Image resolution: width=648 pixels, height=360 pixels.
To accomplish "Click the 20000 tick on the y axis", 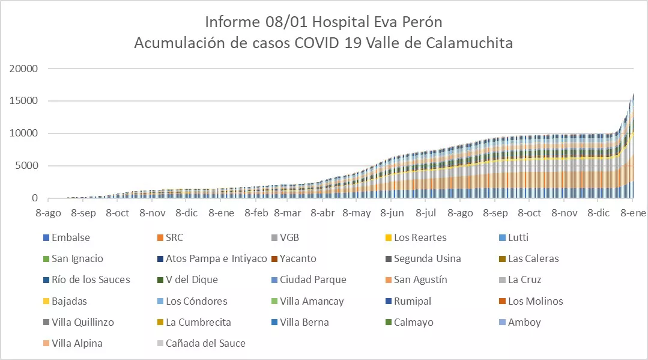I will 24,69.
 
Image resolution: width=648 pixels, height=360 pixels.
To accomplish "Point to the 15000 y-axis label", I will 24,101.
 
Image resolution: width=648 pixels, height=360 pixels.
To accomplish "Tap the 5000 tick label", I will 27,166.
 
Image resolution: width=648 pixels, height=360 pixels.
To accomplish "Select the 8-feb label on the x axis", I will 256,213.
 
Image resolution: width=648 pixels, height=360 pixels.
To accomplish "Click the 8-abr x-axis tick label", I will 323,213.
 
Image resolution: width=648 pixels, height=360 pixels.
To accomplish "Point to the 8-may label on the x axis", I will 357,213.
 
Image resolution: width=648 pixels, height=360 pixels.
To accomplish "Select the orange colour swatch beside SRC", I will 159,237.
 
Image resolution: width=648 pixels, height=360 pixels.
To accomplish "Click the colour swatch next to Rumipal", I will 387,301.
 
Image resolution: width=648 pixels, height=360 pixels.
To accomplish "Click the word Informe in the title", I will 228,22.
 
